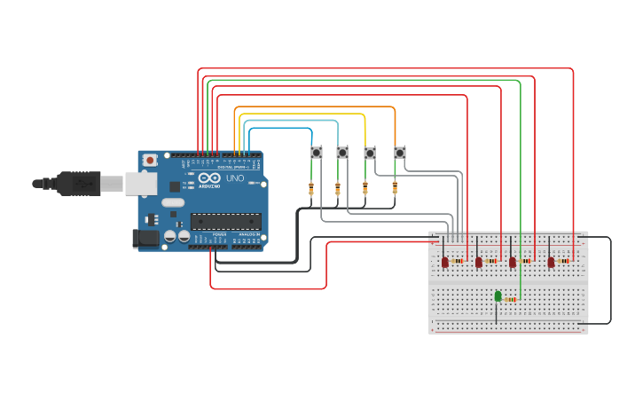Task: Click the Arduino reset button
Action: coord(150,161)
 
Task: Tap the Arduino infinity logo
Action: coord(208,178)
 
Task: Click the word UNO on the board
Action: coord(235,178)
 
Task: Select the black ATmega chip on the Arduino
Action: coord(226,222)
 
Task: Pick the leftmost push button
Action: coord(316,153)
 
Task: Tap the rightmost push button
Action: coord(399,153)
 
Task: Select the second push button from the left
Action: coord(341,153)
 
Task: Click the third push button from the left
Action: coord(369,153)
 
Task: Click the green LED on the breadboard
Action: coord(498,296)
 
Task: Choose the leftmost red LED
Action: coord(445,262)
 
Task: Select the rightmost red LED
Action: coord(551,262)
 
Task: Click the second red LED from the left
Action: coord(479,262)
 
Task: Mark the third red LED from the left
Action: coord(513,262)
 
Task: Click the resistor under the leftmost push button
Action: coord(310,188)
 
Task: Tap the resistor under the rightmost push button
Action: coord(395,187)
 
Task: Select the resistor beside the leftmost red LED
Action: coord(458,261)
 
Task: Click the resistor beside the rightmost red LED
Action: coord(563,261)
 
